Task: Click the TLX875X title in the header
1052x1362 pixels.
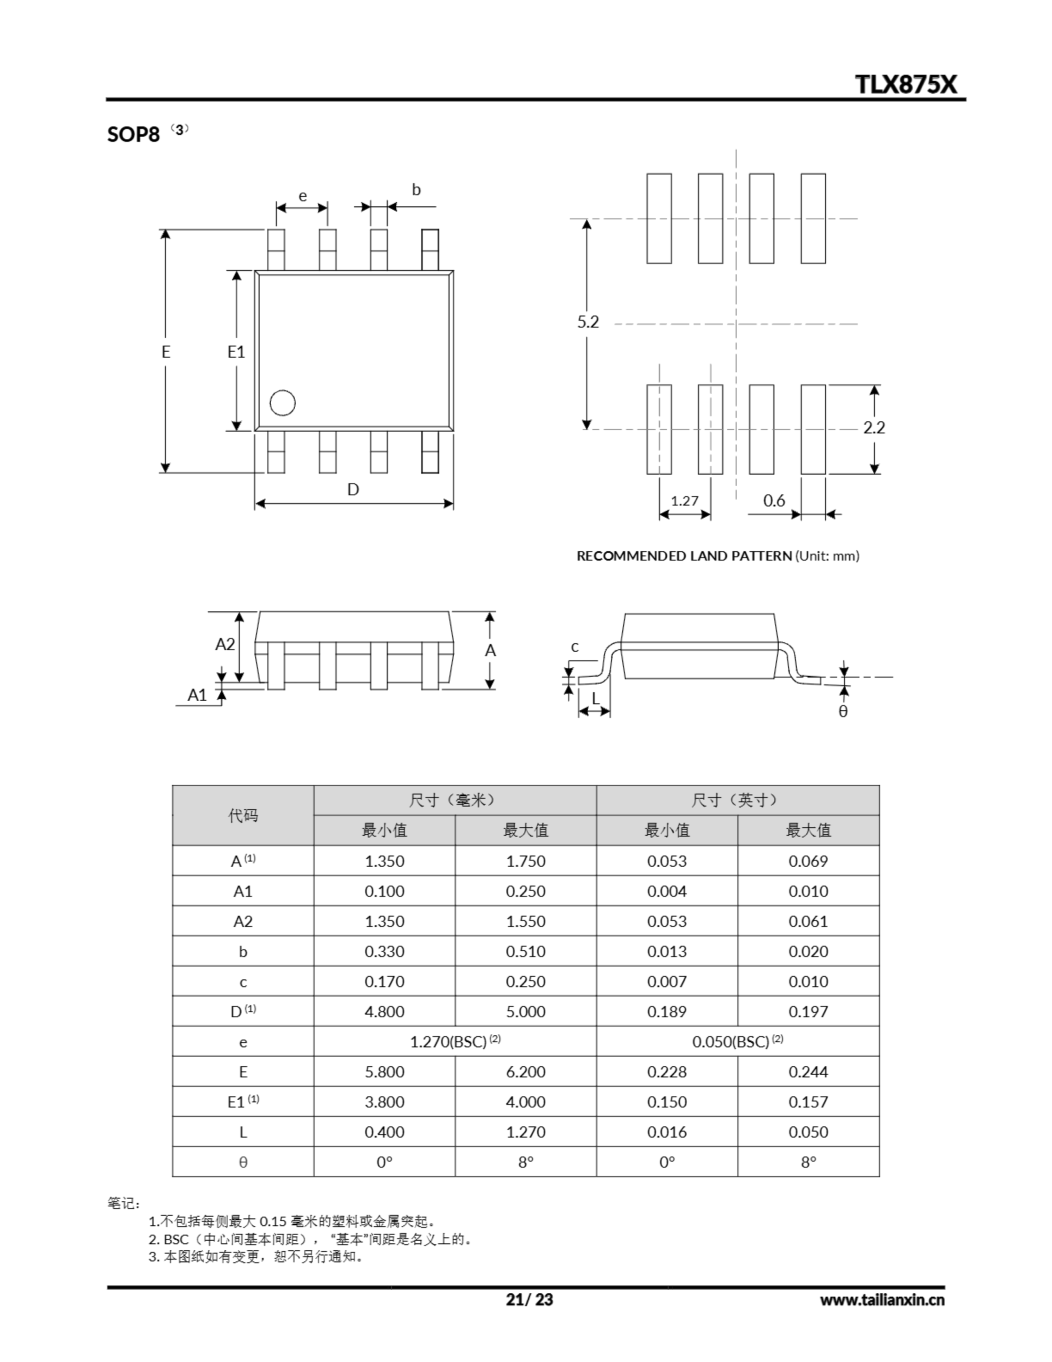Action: [x=905, y=84]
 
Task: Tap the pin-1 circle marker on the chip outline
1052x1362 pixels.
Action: [x=282, y=403]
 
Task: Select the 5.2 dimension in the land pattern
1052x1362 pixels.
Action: [x=587, y=322]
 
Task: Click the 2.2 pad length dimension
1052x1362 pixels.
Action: [x=874, y=427]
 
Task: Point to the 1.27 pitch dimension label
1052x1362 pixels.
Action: [x=684, y=500]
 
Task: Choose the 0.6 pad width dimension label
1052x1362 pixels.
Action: [x=774, y=500]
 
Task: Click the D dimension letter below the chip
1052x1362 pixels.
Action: [x=353, y=489]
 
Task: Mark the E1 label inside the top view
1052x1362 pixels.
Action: [x=236, y=352]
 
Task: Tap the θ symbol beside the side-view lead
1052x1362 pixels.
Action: [x=843, y=711]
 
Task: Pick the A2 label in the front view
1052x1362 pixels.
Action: [x=224, y=644]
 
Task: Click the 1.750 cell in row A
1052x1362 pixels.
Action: [x=525, y=861]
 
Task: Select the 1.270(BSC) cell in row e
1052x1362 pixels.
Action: [x=455, y=1042]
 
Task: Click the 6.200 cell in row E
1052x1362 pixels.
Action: [x=525, y=1072]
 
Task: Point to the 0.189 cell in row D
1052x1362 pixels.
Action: [x=666, y=1011]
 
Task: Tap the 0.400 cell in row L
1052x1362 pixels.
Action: [x=384, y=1132]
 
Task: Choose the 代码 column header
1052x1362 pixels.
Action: [x=243, y=815]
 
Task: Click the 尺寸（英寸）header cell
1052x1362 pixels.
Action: [x=737, y=800]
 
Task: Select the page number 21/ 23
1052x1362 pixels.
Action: [x=529, y=1299]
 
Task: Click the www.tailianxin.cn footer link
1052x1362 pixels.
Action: [x=882, y=1300]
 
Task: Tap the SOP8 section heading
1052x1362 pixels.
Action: [x=133, y=134]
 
